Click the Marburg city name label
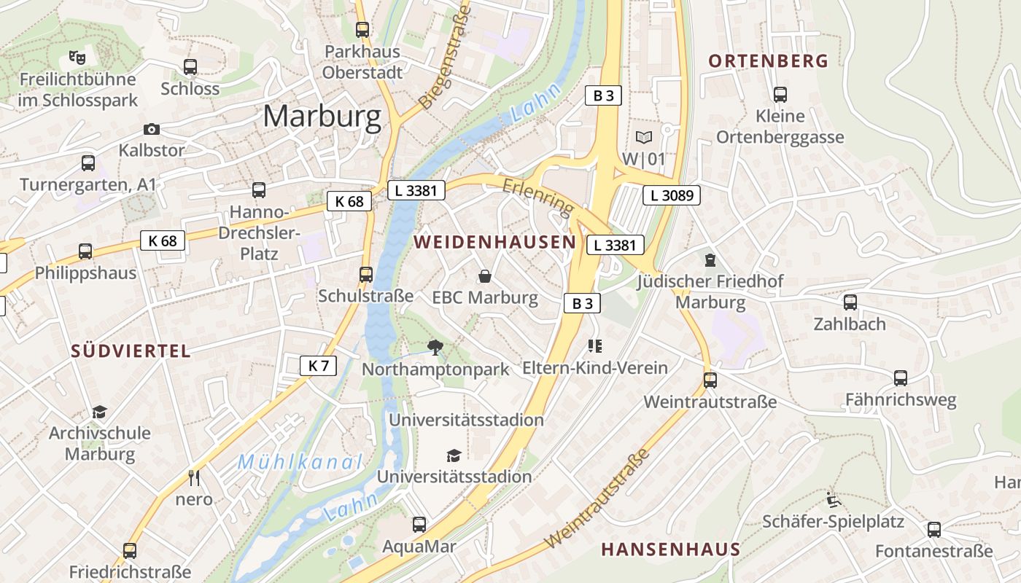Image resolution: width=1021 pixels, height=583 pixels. coord(322,116)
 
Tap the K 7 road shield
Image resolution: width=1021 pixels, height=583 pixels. coord(319,366)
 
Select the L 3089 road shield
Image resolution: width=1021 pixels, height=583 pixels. coord(672,195)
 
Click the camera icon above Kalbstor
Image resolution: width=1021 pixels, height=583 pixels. coord(152,129)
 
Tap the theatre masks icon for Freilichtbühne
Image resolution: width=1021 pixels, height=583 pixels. coord(76,56)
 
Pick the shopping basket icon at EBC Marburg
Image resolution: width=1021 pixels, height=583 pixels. coord(484,276)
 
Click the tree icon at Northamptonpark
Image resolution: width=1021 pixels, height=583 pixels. coord(435,347)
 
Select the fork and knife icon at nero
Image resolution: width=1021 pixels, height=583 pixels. coord(194,477)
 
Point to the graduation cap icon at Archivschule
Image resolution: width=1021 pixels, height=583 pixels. coord(99,412)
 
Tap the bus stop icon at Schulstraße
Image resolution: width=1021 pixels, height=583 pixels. coord(366,275)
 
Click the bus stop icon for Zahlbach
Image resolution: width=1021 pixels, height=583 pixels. coord(850,302)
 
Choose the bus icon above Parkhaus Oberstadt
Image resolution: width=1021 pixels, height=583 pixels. coord(362,30)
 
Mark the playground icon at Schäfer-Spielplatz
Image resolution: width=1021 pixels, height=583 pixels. coord(834,499)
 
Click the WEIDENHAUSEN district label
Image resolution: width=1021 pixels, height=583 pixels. coord(491,242)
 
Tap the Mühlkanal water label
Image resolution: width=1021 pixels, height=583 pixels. coord(300,462)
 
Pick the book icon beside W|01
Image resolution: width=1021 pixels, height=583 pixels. coord(644,137)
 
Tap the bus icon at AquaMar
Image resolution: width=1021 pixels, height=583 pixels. coord(419,524)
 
